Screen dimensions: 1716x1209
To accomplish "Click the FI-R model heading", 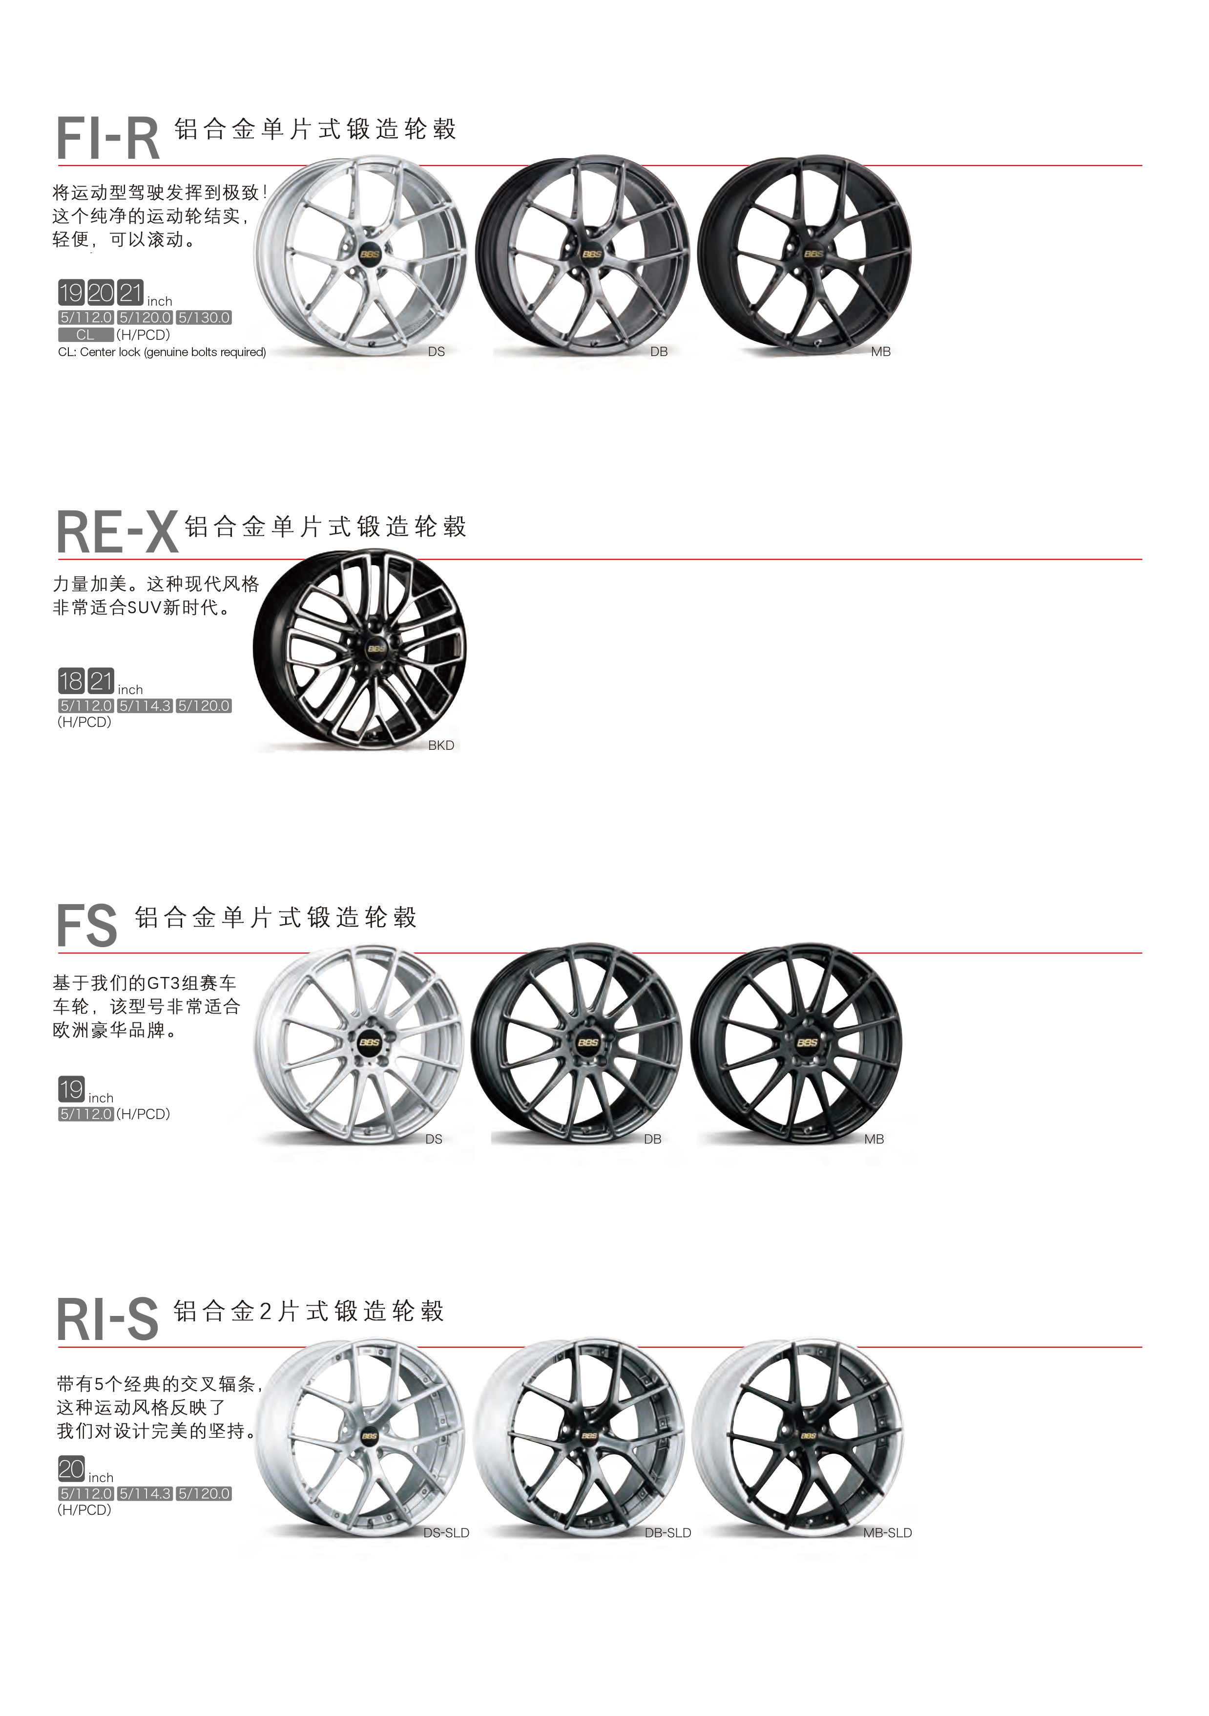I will click(108, 139).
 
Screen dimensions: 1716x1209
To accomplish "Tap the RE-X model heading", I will click(117, 533).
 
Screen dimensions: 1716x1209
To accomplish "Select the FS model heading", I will click(87, 926).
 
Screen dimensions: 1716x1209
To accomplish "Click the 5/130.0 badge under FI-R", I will click(204, 318).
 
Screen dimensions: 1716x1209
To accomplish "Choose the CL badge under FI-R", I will click(86, 335).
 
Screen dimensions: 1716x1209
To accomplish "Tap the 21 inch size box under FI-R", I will click(131, 292).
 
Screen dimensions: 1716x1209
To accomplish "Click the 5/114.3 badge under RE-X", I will click(145, 705).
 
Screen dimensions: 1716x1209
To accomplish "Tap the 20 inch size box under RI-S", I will click(72, 1469).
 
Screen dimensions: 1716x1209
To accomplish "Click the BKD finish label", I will click(441, 745).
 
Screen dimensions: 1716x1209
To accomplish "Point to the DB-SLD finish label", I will click(667, 1533).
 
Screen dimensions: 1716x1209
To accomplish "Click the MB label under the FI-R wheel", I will click(880, 351).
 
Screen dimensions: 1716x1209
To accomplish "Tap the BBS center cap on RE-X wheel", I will click(376, 648).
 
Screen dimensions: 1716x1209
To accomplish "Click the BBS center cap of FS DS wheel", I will click(370, 1042).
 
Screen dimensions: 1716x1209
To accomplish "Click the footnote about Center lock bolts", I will click(162, 352).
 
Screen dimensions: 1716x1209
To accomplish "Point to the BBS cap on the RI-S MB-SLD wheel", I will click(809, 1436).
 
